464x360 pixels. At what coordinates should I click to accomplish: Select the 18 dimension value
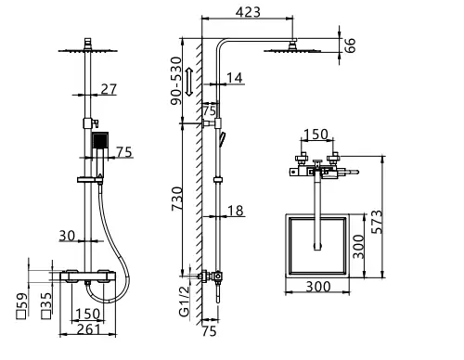tap(236, 212)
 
